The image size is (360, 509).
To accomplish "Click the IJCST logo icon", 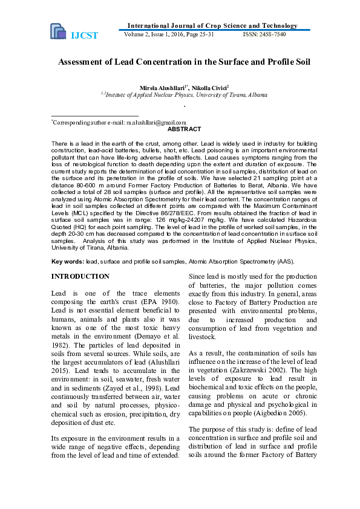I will point(58,31).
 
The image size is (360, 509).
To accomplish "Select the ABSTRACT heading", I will point(184,129).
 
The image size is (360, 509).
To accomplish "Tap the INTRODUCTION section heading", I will point(80,276).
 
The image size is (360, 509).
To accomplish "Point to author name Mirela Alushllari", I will point(163,88).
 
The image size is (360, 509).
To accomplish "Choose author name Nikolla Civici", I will point(209,88).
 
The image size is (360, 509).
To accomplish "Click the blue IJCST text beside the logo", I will point(85,36).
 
